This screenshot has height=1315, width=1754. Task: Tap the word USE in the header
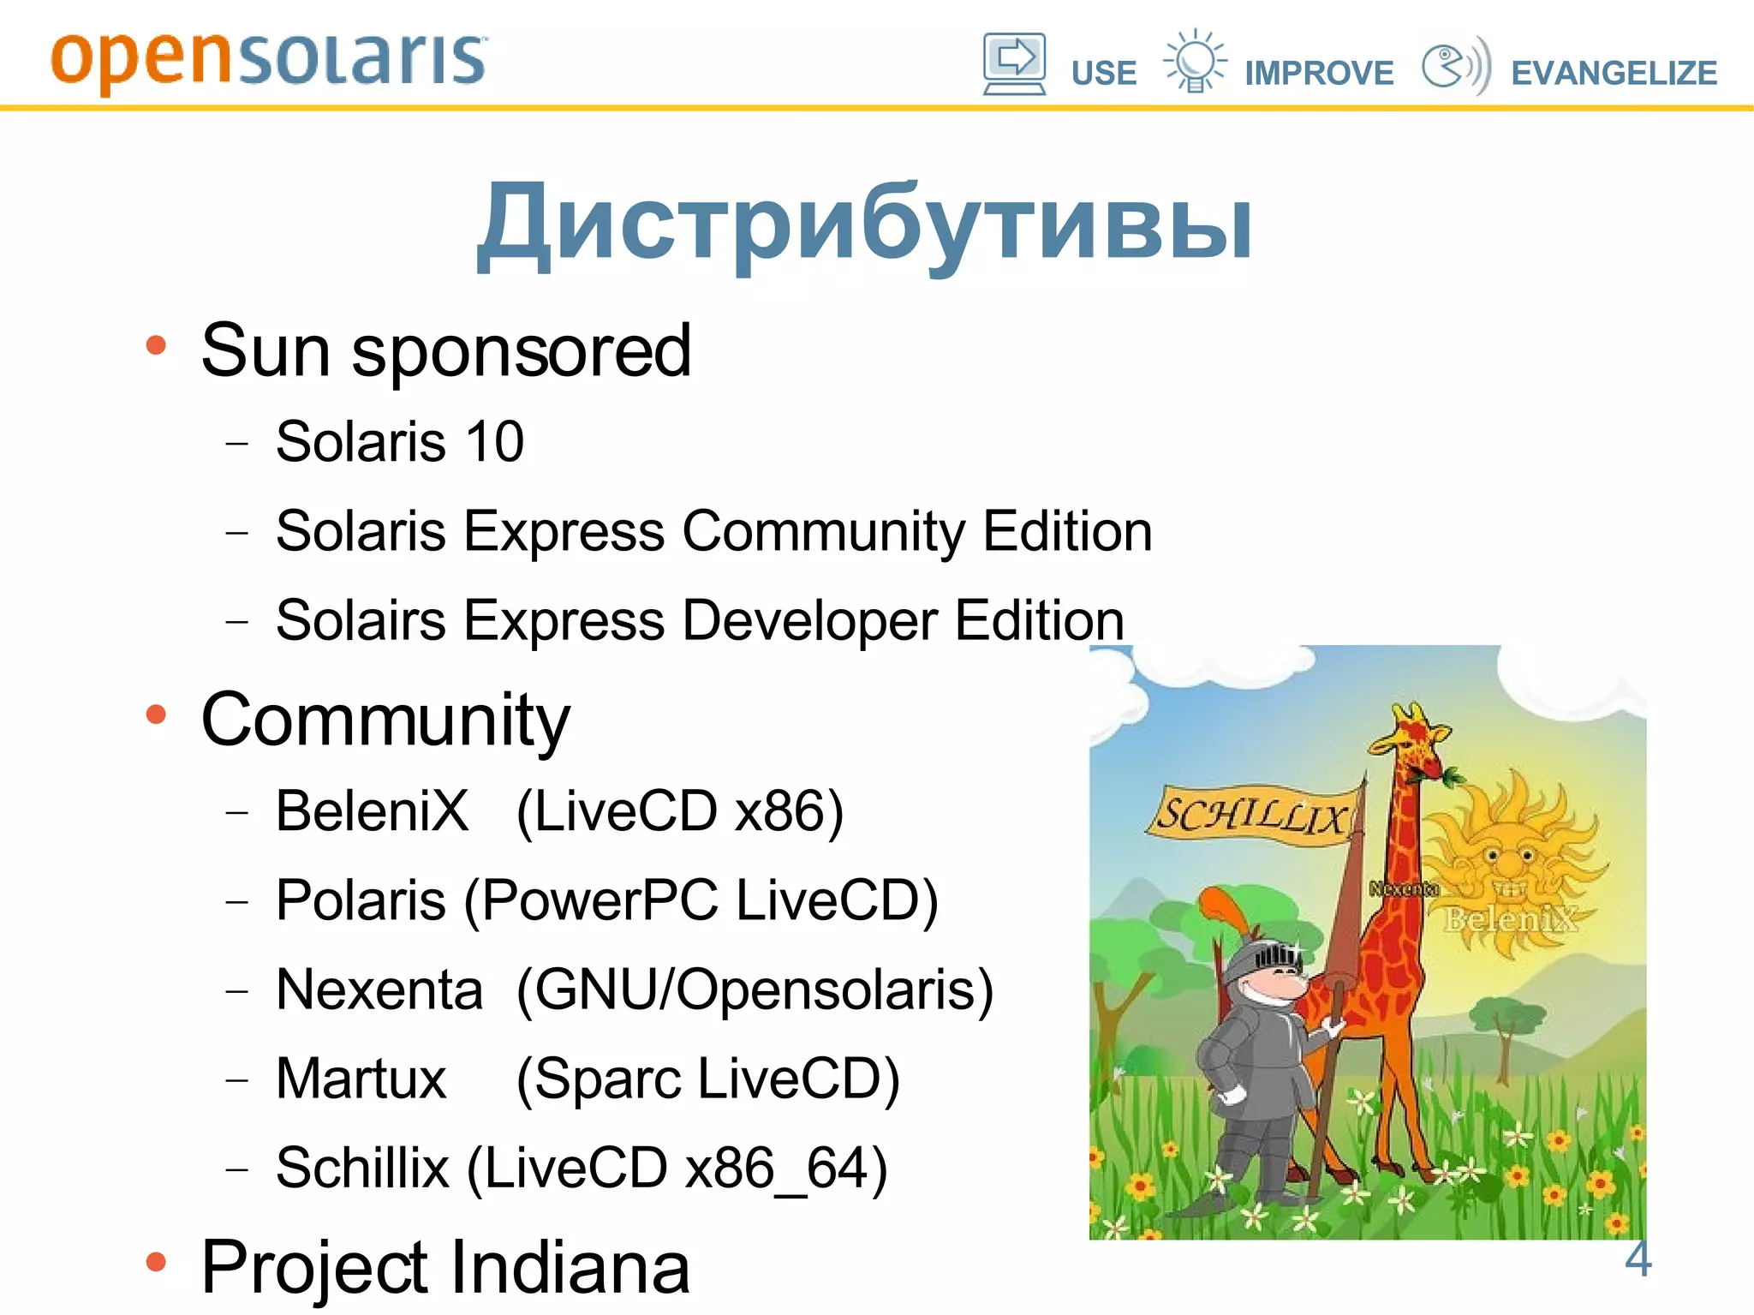[1103, 74]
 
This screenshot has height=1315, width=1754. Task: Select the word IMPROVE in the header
[1319, 74]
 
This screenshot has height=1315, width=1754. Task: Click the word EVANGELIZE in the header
[1614, 74]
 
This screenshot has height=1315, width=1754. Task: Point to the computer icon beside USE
[1014, 63]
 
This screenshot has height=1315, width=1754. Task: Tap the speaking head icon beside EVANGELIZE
[1454, 65]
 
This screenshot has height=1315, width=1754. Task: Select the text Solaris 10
[399, 442]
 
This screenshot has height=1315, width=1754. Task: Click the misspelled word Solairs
[360, 620]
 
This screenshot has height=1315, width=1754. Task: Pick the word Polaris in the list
[360, 900]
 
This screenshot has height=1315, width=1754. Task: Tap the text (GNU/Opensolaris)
[755, 990]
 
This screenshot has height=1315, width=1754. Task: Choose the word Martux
[361, 1079]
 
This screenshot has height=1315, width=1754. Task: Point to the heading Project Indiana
[445, 1267]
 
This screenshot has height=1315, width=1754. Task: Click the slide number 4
[1638, 1258]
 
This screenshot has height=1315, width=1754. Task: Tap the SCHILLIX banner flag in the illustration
[1251, 815]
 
